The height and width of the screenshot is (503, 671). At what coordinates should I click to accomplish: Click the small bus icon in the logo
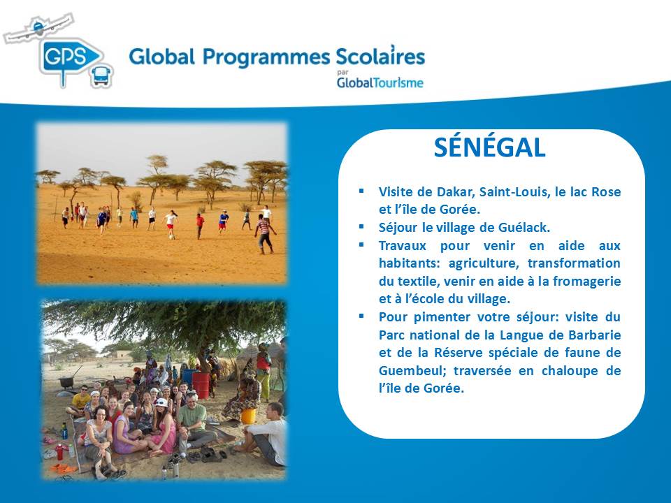(102, 76)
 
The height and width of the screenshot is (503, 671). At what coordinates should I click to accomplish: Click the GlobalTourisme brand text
(380, 82)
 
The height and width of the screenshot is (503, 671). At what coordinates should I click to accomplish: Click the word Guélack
(524, 227)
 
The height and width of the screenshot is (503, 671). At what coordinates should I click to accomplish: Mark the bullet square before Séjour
(361, 226)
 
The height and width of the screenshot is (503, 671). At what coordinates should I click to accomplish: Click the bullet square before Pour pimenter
(361, 316)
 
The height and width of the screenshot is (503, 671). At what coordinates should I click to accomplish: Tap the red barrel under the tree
(201, 385)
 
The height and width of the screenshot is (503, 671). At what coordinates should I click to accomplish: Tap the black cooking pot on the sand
(66, 382)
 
